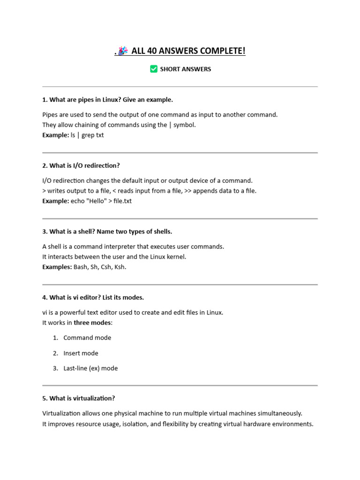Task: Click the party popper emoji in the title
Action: pyautogui.click(x=123, y=51)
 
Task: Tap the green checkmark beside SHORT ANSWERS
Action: pyautogui.click(x=154, y=69)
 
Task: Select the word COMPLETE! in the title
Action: pyautogui.click(x=224, y=51)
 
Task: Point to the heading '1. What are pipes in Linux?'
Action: pyautogui.click(x=107, y=99)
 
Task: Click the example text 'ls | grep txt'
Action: pyautogui.click(x=87, y=135)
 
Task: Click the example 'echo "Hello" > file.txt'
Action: pyautogui.click(x=101, y=201)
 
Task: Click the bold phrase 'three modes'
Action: pyautogui.click(x=93, y=322)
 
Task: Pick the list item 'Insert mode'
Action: pyautogui.click(x=81, y=353)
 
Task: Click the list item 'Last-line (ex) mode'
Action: pyautogui.click(x=90, y=368)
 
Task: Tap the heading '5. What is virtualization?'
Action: pyautogui.click(x=79, y=398)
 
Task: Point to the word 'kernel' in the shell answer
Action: pyautogui.click(x=176, y=257)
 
